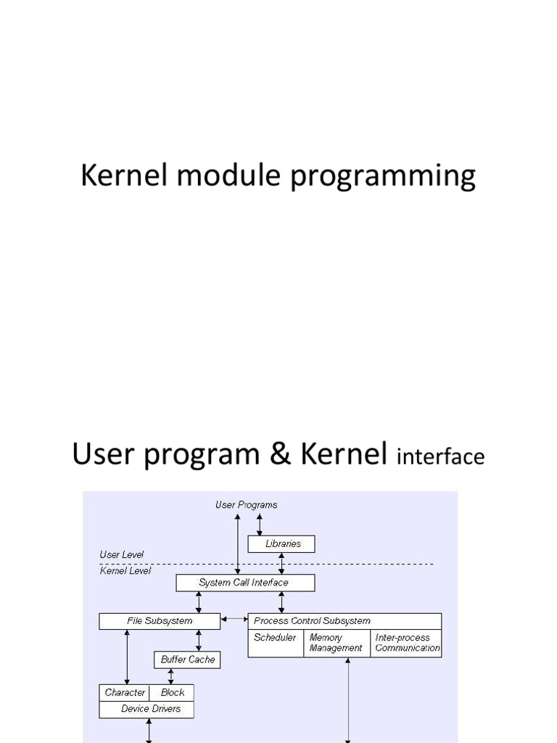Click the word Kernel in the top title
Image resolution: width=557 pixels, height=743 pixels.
click(124, 175)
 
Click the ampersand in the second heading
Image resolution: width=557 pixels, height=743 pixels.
click(280, 453)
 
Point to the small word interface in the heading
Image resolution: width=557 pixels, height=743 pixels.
click(440, 456)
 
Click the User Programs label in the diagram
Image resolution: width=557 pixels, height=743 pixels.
click(247, 505)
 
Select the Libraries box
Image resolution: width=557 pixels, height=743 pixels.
click(281, 544)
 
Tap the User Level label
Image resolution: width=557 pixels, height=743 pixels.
click(121, 554)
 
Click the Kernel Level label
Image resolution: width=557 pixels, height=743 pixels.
click(125, 570)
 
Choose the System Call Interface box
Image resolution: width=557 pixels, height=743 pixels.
click(245, 583)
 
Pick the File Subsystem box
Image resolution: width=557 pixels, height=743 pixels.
click(160, 621)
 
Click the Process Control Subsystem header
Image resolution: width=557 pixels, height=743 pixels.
click(344, 621)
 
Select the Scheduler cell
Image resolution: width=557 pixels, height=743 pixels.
click(276, 643)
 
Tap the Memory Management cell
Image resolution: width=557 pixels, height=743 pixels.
click(337, 643)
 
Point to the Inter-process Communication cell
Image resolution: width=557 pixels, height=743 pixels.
click(406, 643)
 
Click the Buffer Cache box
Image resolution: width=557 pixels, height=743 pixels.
click(187, 660)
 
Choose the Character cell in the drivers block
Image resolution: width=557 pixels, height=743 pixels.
click(124, 693)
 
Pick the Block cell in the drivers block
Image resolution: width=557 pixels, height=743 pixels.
click(171, 693)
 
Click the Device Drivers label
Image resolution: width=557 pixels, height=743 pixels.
click(151, 709)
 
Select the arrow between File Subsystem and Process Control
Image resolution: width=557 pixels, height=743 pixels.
click(234, 619)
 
